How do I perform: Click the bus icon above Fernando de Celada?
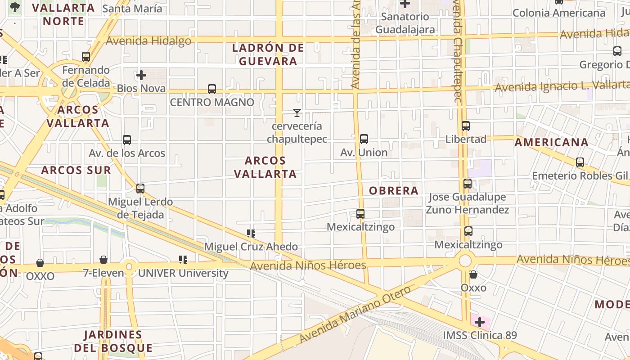[x=86, y=57]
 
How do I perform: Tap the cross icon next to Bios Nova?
[x=141, y=75]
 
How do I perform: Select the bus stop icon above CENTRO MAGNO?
[x=212, y=89]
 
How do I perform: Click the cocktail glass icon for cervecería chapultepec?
[x=297, y=112]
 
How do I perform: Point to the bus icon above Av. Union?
[x=364, y=139]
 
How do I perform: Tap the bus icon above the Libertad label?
[x=466, y=126]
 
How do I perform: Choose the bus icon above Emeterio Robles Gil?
[x=580, y=162]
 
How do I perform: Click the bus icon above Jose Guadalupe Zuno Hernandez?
[x=468, y=184]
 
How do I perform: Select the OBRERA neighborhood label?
[x=394, y=191]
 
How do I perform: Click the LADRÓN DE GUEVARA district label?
[x=268, y=54]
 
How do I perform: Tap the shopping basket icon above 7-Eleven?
[x=103, y=260]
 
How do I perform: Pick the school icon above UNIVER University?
[x=183, y=260]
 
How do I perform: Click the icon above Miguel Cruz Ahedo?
[x=251, y=234]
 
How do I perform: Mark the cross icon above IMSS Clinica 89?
[x=480, y=322]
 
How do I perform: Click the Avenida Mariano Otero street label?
[x=355, y=313]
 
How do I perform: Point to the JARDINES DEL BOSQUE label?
[x=113, y=341]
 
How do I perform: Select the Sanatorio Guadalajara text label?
[x=405, y=23]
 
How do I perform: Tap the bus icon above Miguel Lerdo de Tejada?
[x=140, y=189]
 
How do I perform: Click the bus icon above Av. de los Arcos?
[x=127, y=140]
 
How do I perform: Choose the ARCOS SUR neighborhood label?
[x=76, y=170]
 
